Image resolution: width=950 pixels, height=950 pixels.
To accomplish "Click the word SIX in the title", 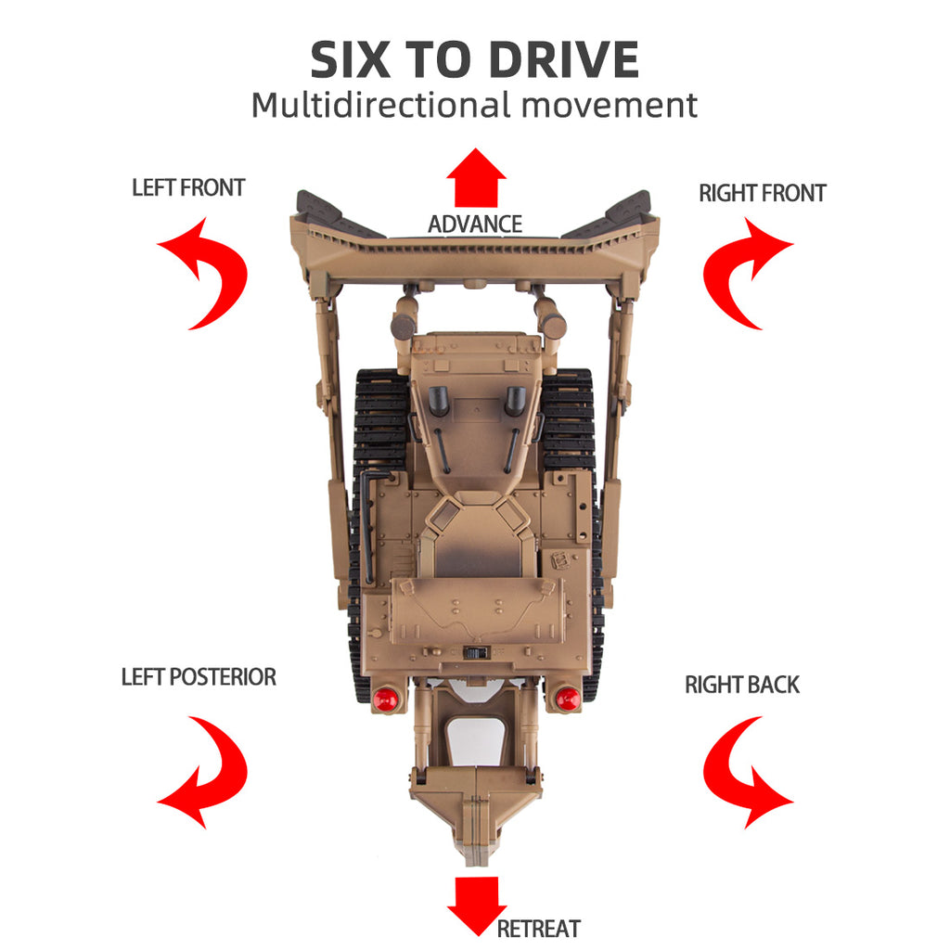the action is tap(350, 59).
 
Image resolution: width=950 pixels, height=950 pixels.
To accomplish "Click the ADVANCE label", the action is tap(475, 225).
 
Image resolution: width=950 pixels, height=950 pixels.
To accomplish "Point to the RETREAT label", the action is tap(539, 928).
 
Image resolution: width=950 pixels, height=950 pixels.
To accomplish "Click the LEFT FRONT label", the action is tap(188, 187).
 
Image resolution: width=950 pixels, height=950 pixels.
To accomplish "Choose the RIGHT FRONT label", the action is tap(763, 193).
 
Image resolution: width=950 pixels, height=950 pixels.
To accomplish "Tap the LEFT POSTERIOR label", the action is tap(199, 676).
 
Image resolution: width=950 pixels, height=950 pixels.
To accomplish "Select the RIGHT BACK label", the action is tap(742, 685).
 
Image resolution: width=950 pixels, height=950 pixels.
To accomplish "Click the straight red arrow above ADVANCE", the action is tap(476, 178).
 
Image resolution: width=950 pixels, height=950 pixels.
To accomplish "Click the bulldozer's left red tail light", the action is tap(385, 699).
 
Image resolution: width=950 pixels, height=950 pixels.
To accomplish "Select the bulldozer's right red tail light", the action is tap(568, 699).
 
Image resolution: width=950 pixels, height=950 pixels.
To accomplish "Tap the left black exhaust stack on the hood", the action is tap(439, 400).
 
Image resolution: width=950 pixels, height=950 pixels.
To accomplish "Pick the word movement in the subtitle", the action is tap(609, 106).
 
